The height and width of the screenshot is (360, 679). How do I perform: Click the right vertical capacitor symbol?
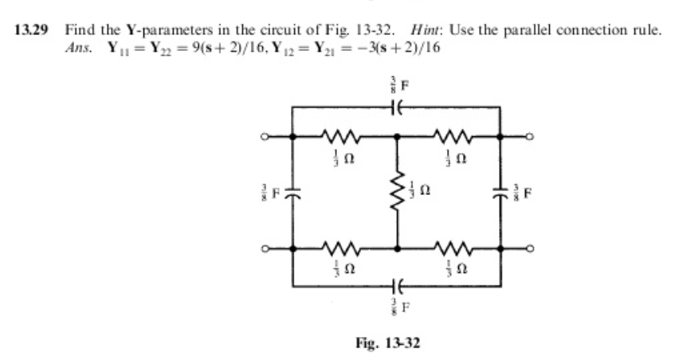tap(500, 193)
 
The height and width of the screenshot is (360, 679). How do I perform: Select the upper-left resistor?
tap(343, 137)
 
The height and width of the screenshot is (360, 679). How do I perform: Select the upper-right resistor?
tap(448, 137)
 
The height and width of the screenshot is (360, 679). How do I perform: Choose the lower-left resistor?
tap(343, 248)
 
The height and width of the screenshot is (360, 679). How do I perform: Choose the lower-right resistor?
tap(448, 248)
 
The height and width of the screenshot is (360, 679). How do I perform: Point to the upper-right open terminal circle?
tap(528, 137)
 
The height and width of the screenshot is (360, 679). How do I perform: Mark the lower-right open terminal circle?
tap(528, 248)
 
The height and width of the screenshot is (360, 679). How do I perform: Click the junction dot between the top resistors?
tap(396, 137)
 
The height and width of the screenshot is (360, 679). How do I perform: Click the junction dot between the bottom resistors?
tap(396, 248)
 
